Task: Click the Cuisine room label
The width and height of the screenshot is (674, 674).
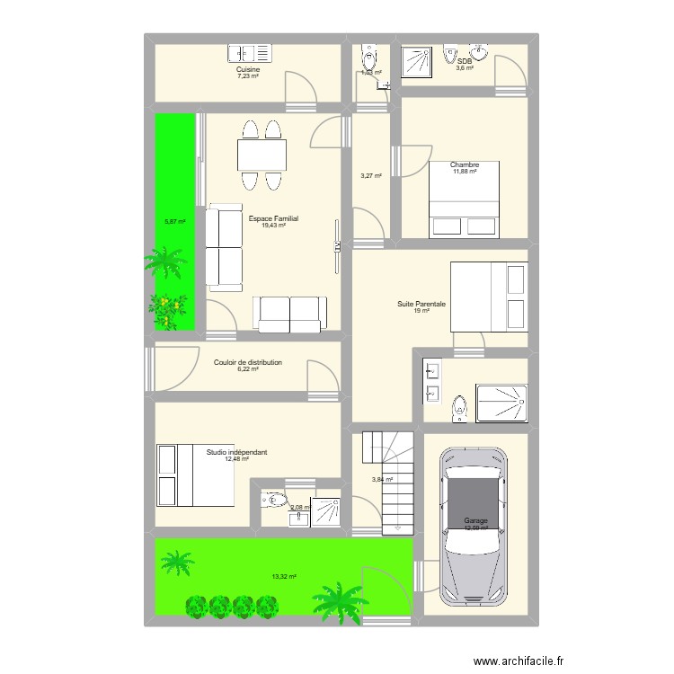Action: pos(247,69)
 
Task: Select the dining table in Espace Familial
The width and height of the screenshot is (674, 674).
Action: pos(262,155)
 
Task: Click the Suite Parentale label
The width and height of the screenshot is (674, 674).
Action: pos(421,304)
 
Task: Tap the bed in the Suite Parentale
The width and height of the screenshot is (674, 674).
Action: pos(487,296)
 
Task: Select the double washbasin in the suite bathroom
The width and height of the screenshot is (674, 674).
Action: pos(433,381)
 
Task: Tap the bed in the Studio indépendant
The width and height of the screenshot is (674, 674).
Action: pos(195,474)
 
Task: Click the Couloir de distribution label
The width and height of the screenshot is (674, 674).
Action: pos(248,362)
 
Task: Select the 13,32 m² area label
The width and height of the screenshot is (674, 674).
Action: pos(284,577)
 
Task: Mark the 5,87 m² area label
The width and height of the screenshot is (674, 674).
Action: pos(174,222)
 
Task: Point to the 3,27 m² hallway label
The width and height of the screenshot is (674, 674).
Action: pos(371,176)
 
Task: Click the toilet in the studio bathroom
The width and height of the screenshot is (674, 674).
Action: pos(273,500)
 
